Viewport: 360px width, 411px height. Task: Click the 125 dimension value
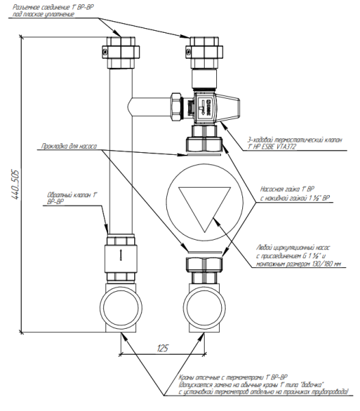[x=162, y=348]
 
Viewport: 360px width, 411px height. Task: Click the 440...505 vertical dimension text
[x=16, y=185]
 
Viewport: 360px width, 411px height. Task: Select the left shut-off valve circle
[x=120, y=307]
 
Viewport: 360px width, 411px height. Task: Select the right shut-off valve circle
[x=205, y=307]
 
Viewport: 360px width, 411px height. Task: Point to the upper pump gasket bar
[x=204, y=155]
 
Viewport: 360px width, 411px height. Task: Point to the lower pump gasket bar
[x=205, y=253]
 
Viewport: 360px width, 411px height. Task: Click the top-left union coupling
[x=120, y=53]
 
